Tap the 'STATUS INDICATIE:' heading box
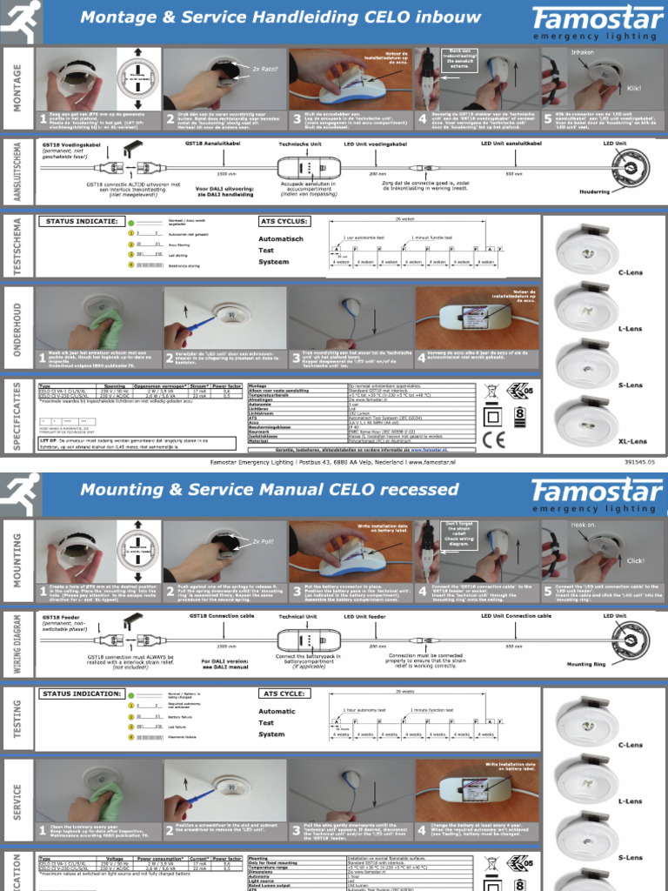pos(80,221)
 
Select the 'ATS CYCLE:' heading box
pos(283,693)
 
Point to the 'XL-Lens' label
pos(632,441)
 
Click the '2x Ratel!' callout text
pos(264,68)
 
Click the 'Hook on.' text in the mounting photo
pos(583,526)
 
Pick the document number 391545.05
pos(629,463)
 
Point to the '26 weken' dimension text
pos(405,219)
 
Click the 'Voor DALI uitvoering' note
pos(225,188)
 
